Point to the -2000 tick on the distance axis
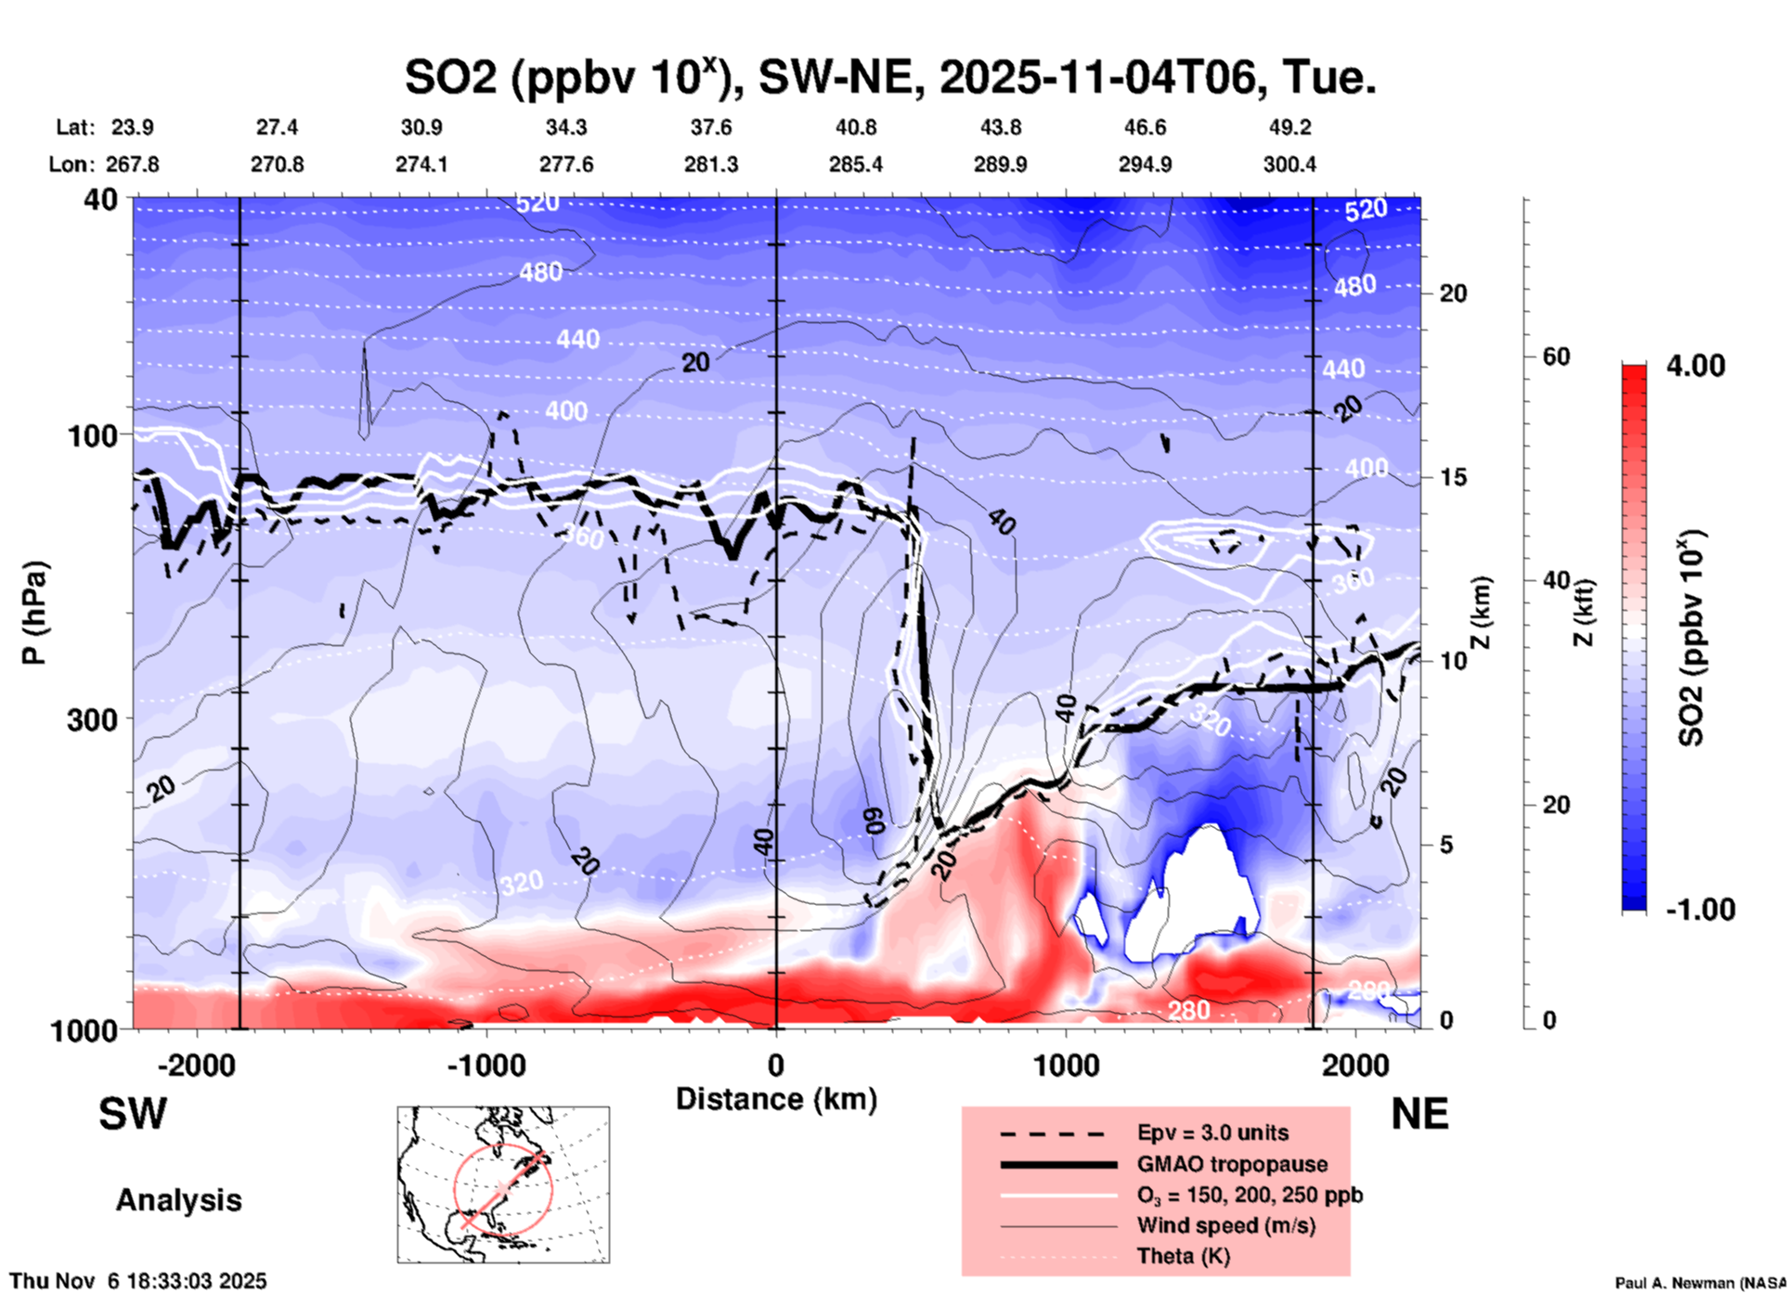point(196,1066)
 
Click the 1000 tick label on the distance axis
point(1066,1066)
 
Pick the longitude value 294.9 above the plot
point(1145,164)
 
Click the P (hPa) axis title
point(34,613)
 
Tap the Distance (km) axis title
point(776,1099)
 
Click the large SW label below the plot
point(133,1114)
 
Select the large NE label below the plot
point(1419,1114)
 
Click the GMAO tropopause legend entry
point(1232,1164)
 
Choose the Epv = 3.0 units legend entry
point(1212,1133)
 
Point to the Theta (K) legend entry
point(1183,1257)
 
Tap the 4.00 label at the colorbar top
point(1695,366)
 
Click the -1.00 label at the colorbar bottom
point(1700,910)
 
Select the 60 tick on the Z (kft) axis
point(1556,357)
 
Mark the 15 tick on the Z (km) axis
point(1453,477)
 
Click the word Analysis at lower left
point(178,1200)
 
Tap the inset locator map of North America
point(503,1184)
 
